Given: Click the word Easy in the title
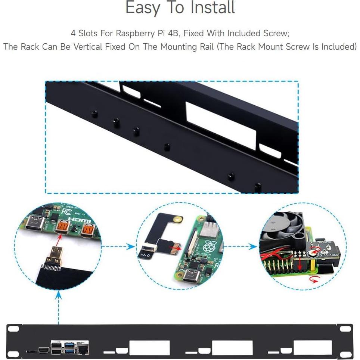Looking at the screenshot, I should [143, 8].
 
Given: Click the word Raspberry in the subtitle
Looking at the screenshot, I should [135, 34].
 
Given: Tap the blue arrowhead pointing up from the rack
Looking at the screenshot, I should [59, 295].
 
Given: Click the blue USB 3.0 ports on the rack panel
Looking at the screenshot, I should [70, 347].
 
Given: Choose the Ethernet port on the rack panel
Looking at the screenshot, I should [82, 350].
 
